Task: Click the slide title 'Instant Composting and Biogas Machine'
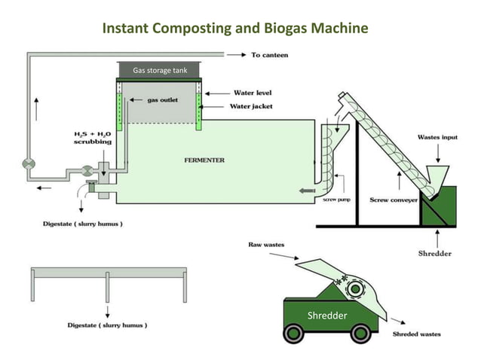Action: point(235,29)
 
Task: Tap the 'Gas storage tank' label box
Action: point(159,71)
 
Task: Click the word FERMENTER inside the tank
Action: point(204,160)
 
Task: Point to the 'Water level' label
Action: point(253,93)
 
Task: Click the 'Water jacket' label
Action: point(253,106)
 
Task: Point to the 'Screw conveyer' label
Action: point(390,200)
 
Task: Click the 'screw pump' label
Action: point(335,200)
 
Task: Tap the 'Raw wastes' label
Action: point(266,245)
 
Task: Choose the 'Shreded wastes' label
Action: point(416,334)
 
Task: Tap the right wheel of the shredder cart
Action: point(360,332)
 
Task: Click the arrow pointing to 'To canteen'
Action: point(237,55)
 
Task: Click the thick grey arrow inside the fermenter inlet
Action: point(308,191)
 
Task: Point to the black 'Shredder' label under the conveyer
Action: point(435,253)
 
